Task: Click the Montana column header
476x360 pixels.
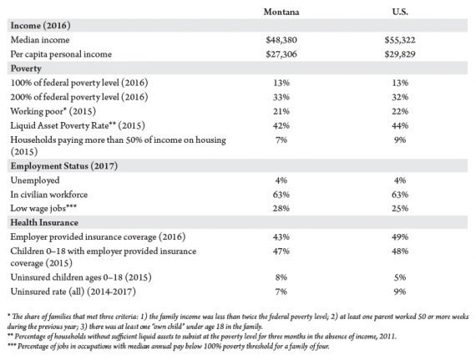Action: pyautogui.click(x=281, y=12)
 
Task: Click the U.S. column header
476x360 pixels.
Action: pyautogui.click(x=400, y=12)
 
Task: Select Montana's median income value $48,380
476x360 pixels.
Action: pyautogui.click(x=281, y=40)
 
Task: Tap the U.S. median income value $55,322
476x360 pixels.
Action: pyautogui.click(x=400, y=40)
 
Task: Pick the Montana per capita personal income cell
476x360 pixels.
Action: pyautogui.click(x=281, y=54)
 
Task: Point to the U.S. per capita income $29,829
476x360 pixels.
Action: pyautogui.click(x=400, y=54)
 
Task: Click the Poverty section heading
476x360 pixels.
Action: pyautogui.click(x=26, y=68)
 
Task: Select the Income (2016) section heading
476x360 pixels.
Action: pyautogui.click(x=40, y=26)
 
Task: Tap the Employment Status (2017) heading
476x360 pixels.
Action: pyautogui.click(x=64, y=166)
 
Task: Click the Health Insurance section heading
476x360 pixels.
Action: pyautogui.click(x=44, y=222)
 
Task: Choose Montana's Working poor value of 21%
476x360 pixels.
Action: pyautogui.click(x=281, y=111)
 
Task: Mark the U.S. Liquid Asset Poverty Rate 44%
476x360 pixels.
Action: pyautogui.click(x=400, y=125)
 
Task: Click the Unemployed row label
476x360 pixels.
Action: pyautogui.click(x=35, y=180)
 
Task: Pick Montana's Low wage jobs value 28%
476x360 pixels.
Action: pyautogui.click(x=281, y=209)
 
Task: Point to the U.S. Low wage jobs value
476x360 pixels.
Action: pyautogui.click(x=400, y=209)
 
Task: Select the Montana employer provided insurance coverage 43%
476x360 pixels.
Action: pyautogui.click(x=281, y=236)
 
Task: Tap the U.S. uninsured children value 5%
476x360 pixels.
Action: pyautogui.click(x=400, y=277)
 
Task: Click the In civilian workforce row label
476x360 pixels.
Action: pyautogui.click(x=49, y=195)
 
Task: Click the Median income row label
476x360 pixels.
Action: pyautogui.click(x=40, y=40)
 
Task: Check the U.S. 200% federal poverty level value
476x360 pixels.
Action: pyautogui.click(x=400, y=97)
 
